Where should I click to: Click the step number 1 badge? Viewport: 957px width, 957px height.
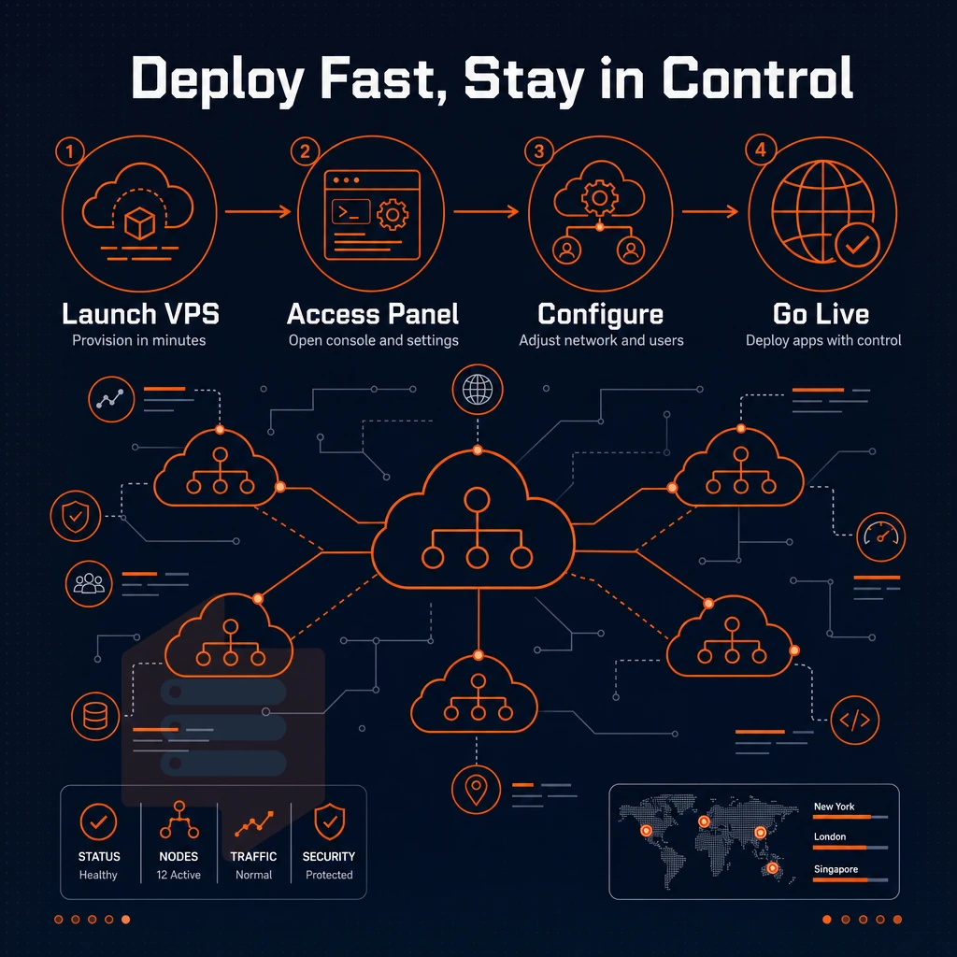pyautogui.click(x=69, y=151)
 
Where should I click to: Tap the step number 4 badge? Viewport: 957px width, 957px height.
pyautogui.click(x=761, y=150)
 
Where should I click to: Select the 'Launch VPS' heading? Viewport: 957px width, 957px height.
pyautogui.click(x=140, y=314)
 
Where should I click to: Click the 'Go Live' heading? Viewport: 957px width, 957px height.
pyautogui.click(x=821, y=314)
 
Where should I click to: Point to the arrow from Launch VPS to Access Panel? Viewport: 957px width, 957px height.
pyautogui.click(x=258, y=212)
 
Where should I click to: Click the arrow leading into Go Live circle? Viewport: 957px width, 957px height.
pyautogui.click(x=710, y=212)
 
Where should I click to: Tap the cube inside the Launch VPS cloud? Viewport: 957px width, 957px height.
pyautogui.click(x=139, y=222)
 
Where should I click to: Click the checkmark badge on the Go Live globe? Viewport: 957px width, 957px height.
pyautogui.click(x=857, y=245)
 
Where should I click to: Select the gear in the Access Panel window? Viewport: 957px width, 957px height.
pyautogui.click(x=393, y=214)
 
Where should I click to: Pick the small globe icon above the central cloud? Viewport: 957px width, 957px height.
pyautogui.click(x=478, y=390)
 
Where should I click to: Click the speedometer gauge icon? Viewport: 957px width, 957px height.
pyautogui.click(x=880, y=537)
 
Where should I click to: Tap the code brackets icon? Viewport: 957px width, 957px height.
pyautogui.click(x=854, y=721)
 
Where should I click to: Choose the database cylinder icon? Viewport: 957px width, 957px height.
pyautogui.click(x=95, y=716)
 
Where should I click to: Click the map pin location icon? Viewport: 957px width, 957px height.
pyautogui.click(x=476, y=789)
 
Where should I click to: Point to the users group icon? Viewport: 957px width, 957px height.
pyautogui.click(x=89, y=583)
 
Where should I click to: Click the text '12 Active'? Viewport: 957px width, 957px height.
pyautogui.click(x=179, y=875)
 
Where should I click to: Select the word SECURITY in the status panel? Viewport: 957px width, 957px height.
pyautogui.click(x=329, y=856)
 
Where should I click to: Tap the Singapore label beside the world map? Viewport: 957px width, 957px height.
pyautogui.click(x=836, y=869)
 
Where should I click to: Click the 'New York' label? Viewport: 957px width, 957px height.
pyautogui.click(x=834, y=807)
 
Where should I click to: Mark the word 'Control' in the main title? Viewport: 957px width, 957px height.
pyautogui.click(x=757, y=79)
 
